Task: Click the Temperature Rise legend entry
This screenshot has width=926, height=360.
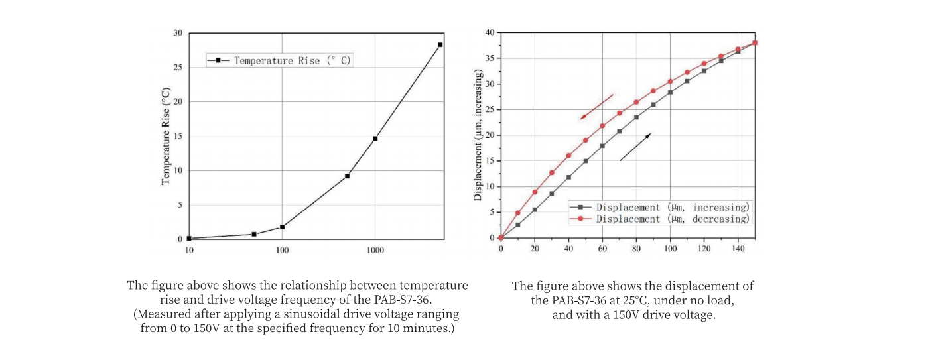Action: click(279, 60)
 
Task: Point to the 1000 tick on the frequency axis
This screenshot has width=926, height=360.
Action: click(375, 251)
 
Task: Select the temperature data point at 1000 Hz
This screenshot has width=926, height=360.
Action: click(375, 139)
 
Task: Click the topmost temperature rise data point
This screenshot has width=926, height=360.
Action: click(440, 45)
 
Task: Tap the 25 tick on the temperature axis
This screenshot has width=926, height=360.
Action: click(178, 68)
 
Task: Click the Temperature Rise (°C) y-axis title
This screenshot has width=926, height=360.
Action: click(166, 136)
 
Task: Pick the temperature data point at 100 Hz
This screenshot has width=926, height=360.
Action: click(282, 227)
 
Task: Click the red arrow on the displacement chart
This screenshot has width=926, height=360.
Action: click(596, 107)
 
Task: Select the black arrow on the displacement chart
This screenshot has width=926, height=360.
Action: click(635, 147)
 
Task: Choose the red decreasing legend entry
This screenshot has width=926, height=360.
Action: click(664, 219)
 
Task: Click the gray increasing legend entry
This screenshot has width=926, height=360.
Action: click(664, 207)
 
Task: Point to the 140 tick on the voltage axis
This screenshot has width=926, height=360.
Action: click(738, 248)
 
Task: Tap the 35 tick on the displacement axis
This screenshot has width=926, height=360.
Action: click(490, 58)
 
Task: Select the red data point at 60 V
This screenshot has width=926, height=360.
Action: click(602, 126)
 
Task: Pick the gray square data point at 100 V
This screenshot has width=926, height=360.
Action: click(670, 92)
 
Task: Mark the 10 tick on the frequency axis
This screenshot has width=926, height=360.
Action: click(189, 251)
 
